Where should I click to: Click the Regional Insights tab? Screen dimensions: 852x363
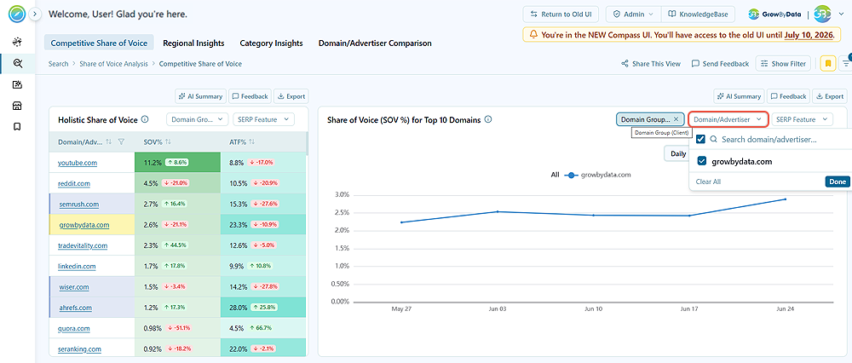point(193,43)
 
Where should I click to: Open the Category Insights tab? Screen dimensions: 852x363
point(271,43)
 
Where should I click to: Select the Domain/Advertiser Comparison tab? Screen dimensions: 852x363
point(375,43)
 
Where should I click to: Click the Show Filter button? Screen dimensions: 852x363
point(783,64)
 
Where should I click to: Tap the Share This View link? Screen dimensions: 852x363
point(651,64)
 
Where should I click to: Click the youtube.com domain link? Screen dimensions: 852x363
point(78,163)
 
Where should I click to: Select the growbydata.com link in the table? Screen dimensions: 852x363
point(84,224)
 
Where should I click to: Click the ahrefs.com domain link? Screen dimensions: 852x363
point(76,308)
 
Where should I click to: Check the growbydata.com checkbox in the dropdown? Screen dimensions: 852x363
point(701,161)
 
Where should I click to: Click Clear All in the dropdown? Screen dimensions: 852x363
point(708,181)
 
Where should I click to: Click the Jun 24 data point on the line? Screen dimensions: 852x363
point(786,199)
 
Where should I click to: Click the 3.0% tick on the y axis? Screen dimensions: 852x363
point(340,194)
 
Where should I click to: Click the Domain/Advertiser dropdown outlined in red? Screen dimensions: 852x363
point(728,119)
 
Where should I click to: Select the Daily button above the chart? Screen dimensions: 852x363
point(677,153)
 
